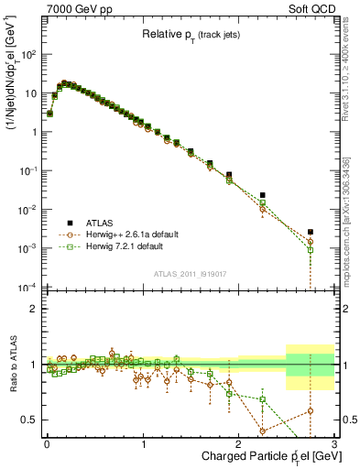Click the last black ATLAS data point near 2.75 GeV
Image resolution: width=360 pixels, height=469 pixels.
tap(311, 232)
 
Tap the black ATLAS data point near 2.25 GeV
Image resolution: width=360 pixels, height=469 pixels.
tap(263, 195)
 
